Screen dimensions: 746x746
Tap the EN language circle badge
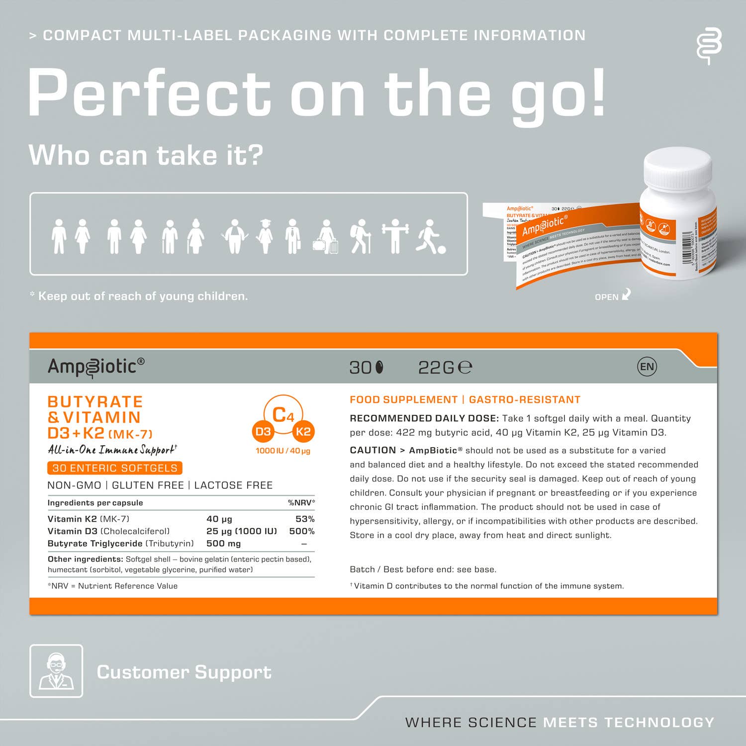[647, 367]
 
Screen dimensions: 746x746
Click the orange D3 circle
[263, 432]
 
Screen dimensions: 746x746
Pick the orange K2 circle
[303, 432]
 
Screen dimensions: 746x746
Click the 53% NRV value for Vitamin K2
[305, 519]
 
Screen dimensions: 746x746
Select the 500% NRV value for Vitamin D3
[302, 531]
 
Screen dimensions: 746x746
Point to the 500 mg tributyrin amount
[223, 544]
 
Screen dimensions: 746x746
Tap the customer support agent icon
[56, 671]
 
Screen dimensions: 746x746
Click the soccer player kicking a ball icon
[430, 237]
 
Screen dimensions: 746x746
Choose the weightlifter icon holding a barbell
[395, 236]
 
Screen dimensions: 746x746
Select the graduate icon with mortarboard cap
[265, 236]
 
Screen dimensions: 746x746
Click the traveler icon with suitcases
[326, 237]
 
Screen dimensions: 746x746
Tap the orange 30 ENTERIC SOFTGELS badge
[115, 468]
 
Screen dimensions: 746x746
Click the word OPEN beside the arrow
[606, 297]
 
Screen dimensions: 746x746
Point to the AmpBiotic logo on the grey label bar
[96, 367]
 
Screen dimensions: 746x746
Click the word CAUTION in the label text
[373, 451]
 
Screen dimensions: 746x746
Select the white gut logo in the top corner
[709, 46]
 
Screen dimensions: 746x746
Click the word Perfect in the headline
[149, 93]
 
